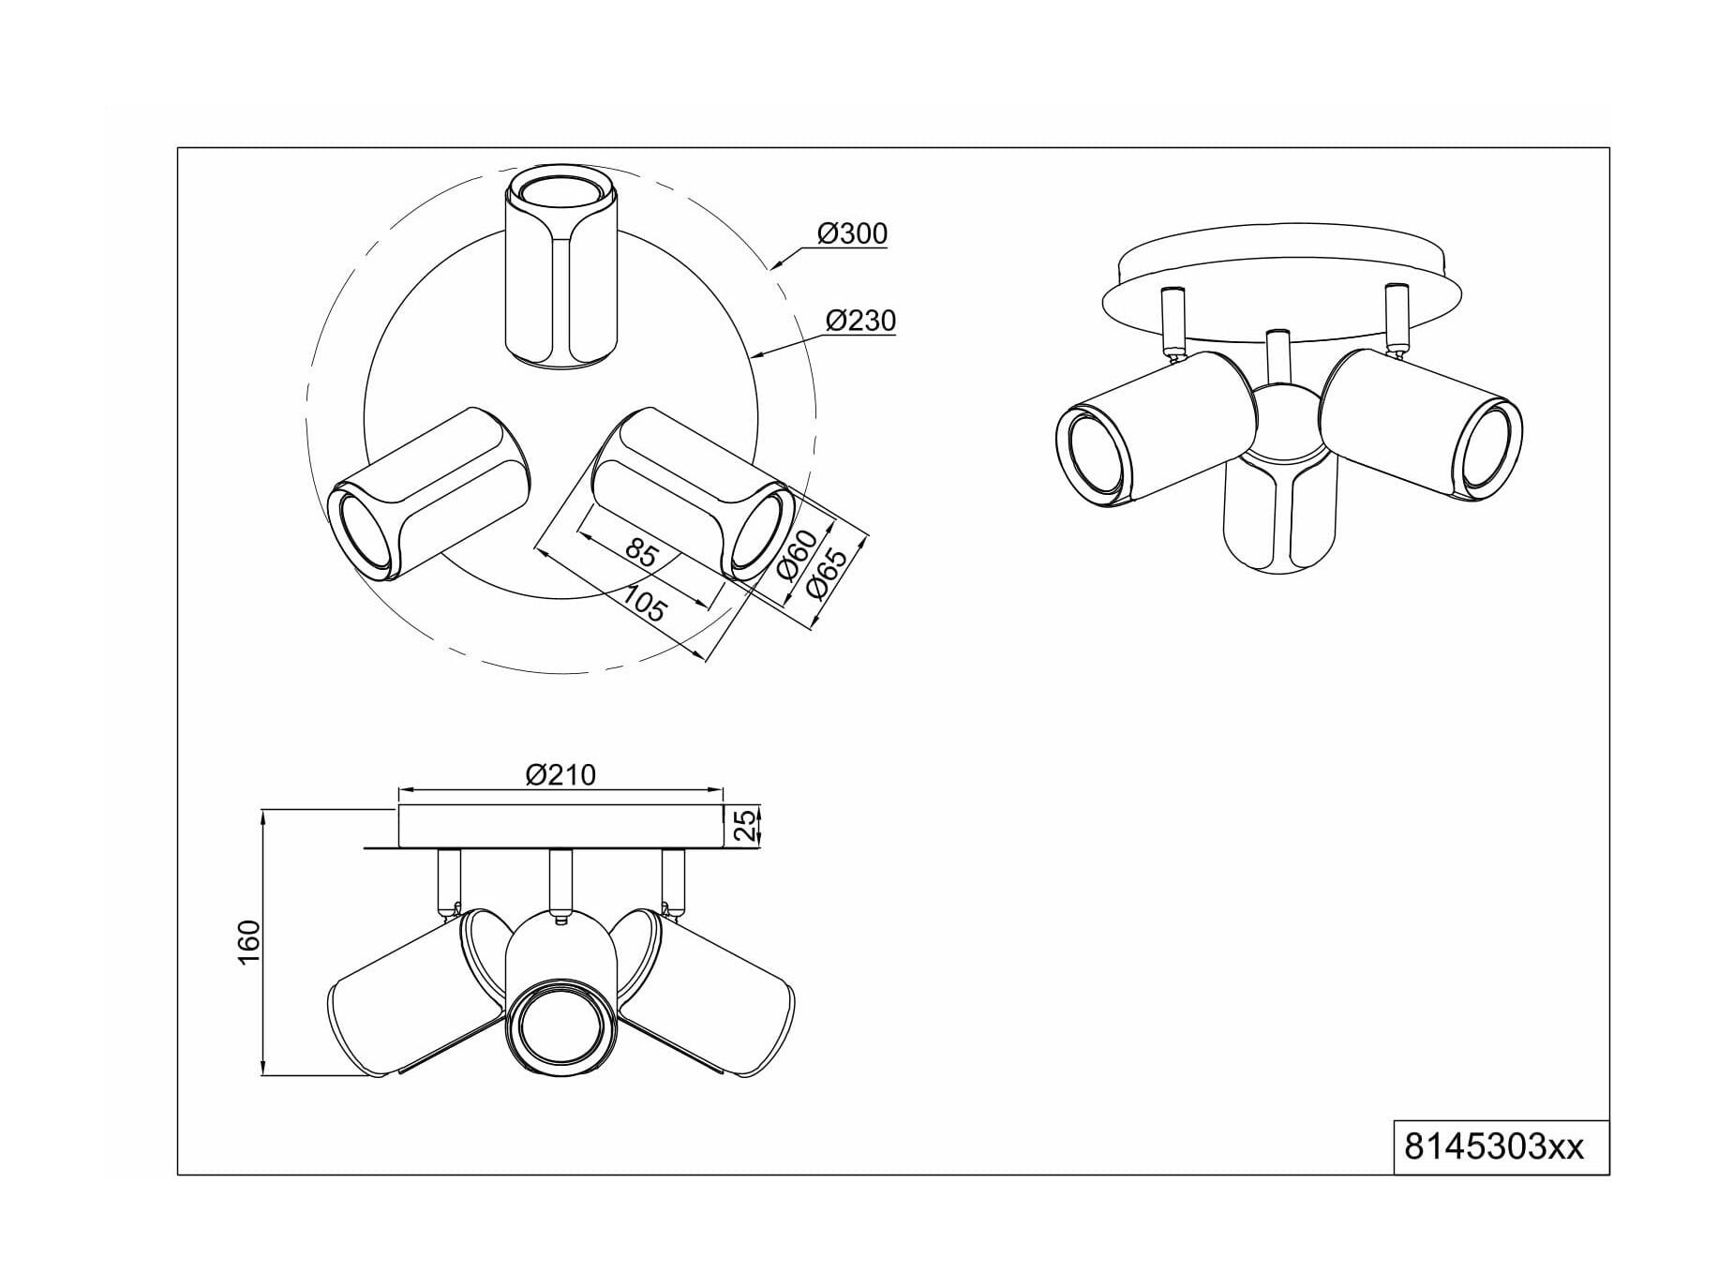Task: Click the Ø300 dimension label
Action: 852,232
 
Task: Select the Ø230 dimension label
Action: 860,321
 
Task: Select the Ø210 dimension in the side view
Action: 561,775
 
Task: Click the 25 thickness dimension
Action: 743,825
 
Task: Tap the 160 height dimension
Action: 248,943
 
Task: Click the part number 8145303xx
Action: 1494,1146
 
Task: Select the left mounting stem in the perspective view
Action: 1172,321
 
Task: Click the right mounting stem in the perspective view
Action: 1396,318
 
